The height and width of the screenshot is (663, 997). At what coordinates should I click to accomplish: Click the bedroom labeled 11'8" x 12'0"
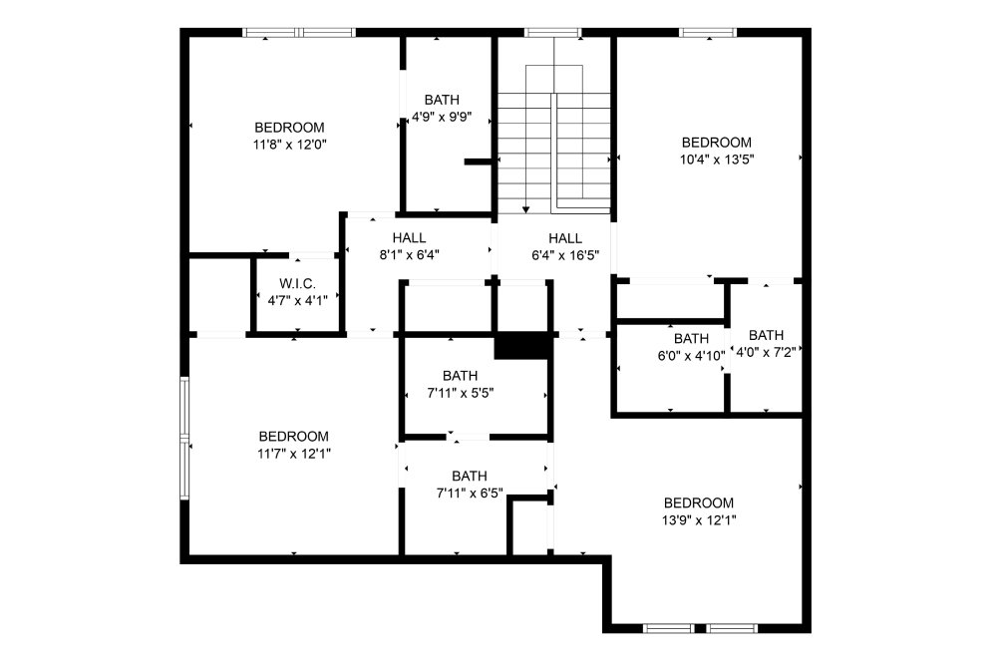coord(289,136)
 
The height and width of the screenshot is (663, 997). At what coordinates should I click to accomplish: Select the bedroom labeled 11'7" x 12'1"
coord(293,445)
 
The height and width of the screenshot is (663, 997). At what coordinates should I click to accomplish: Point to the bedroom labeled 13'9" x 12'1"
coord(699,510)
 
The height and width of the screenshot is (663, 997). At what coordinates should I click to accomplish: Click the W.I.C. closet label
coord(298,284)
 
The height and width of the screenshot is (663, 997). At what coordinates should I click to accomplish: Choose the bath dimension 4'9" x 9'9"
coord(442,117)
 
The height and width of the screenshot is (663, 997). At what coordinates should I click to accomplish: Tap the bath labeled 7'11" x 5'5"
coord(460,384)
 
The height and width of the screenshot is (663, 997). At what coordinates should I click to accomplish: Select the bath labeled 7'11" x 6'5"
coord(469,484)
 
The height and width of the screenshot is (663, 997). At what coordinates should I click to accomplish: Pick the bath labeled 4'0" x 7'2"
coord(766,343)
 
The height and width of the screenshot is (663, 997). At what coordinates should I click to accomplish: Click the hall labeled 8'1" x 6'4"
coord(409,245)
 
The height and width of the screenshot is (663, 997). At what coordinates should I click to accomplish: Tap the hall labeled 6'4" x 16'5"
coord(565,245)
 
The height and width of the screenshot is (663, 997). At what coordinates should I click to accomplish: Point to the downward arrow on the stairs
coord(525,208)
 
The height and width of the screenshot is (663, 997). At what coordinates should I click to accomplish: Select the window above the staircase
coord(554,33)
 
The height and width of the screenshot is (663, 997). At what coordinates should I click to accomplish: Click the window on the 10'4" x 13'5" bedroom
coord(709,33)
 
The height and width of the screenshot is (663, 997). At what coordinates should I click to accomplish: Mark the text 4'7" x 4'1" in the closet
coord(298,299)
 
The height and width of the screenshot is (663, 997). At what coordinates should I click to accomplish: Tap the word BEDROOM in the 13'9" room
coord(699,502)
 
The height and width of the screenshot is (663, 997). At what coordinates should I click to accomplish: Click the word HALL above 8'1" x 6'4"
coord(409,237)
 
